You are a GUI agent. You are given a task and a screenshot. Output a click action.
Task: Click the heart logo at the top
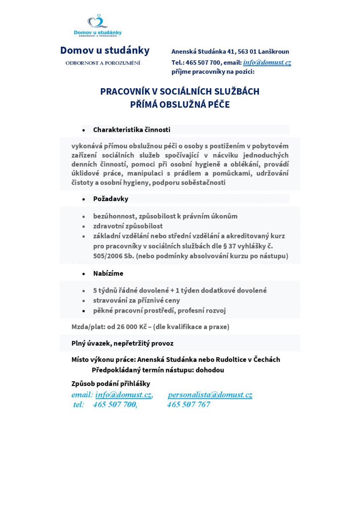(x=98, y=21)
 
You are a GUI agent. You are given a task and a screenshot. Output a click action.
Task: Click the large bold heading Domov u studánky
(x=105, y=50)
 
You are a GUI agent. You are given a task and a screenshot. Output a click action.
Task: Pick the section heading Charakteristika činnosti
(x=132, y=130)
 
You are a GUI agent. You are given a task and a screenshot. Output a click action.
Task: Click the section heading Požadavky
(x=111, y=199)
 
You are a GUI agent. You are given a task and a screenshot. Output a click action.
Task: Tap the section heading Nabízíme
(x=108, y=274)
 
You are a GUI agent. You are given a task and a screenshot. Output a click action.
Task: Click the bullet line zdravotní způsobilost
(x=128, y=226)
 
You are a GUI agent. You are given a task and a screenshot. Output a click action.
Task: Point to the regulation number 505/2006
(x=109, y=256)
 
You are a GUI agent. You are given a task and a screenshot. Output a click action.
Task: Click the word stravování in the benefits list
(x=110, y=301)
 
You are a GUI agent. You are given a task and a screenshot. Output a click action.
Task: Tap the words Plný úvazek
(x=90, y=344)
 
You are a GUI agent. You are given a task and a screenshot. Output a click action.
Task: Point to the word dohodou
(x=210, y=370)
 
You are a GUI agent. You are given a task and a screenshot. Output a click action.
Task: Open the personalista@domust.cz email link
(x=210, y=395)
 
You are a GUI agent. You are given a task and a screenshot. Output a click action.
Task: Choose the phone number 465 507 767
(x=188, y=405)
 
